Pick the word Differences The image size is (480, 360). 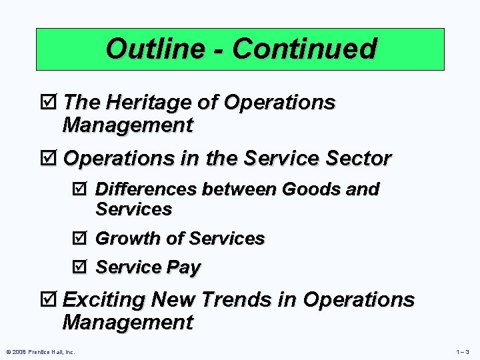[146, 189]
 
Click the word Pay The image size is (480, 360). [183, 268]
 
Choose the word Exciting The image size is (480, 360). [103, 300]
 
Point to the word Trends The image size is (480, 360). [241, 300]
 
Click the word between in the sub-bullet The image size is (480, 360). [240, 189]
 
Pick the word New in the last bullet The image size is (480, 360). [174, 300]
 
